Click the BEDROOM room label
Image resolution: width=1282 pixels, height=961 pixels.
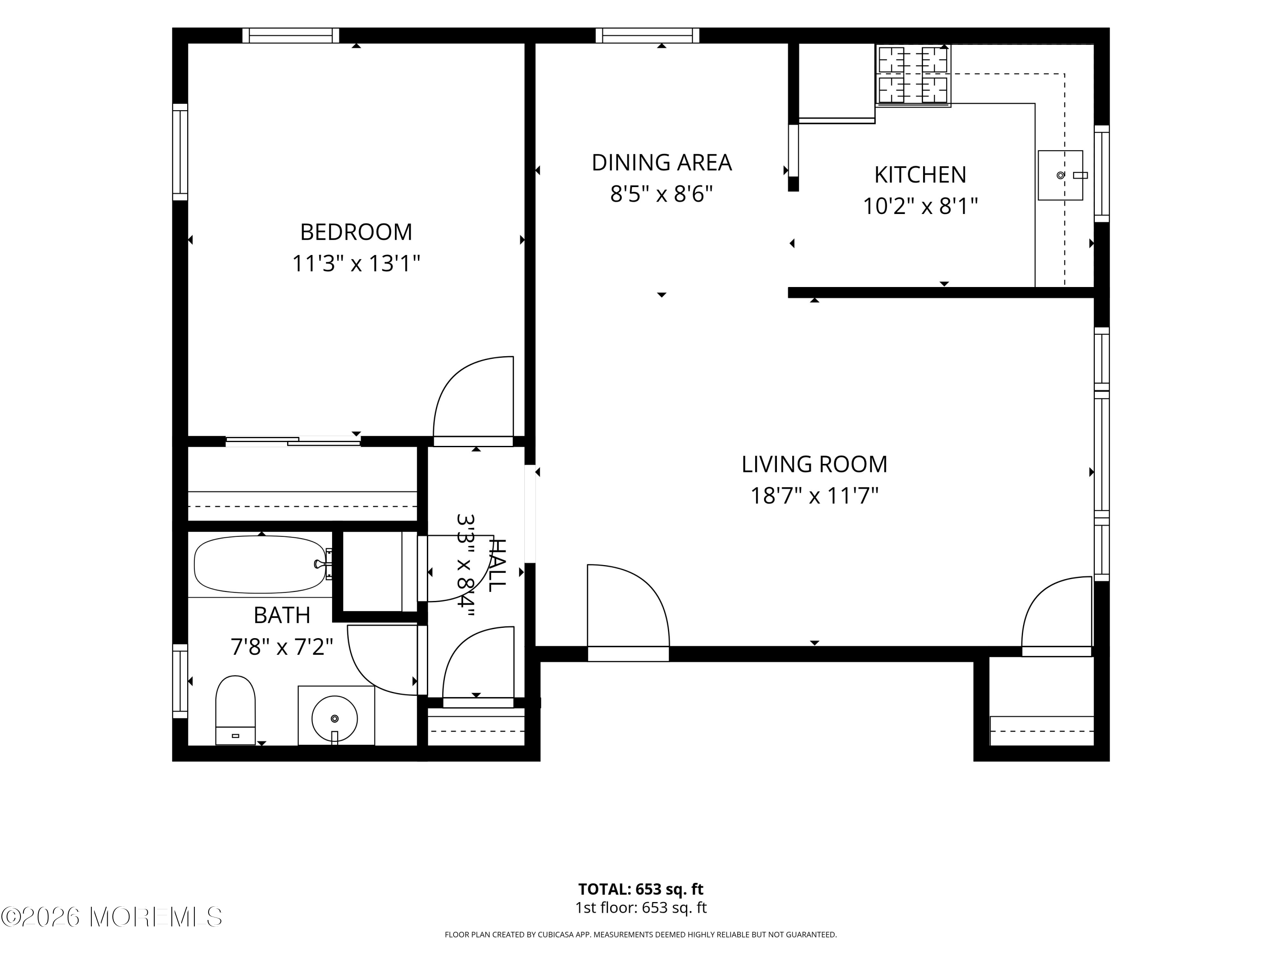coord(356,232)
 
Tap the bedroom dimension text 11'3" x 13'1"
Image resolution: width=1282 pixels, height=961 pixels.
coord(356,264)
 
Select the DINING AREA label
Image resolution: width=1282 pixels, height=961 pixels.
coord(661,163)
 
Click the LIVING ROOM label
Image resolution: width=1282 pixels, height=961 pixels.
coord(814,464)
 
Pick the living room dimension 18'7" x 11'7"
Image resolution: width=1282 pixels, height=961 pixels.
coord(814,496)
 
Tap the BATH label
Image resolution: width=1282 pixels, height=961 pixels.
coord(282,615)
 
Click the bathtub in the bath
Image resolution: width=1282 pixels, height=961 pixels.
coord(260,565)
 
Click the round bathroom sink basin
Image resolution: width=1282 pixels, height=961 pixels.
coord(335,719)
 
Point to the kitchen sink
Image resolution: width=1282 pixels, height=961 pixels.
coord(1060,176)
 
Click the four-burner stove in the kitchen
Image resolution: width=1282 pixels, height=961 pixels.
coord(913,76)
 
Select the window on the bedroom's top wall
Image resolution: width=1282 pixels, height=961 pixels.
coord(290,35)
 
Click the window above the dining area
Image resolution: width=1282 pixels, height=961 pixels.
coord(647,35)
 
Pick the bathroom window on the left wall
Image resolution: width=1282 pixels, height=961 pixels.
coord(180,681)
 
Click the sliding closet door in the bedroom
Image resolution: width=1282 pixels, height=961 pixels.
coord(293,441)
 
